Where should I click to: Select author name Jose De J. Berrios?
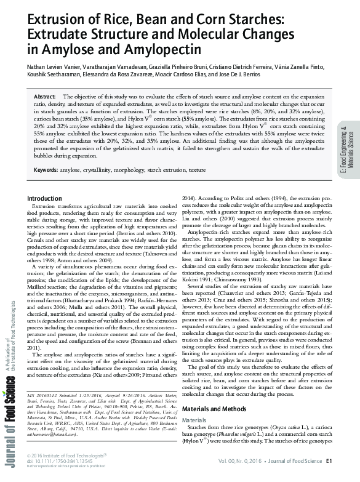click(x=262, y=74)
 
